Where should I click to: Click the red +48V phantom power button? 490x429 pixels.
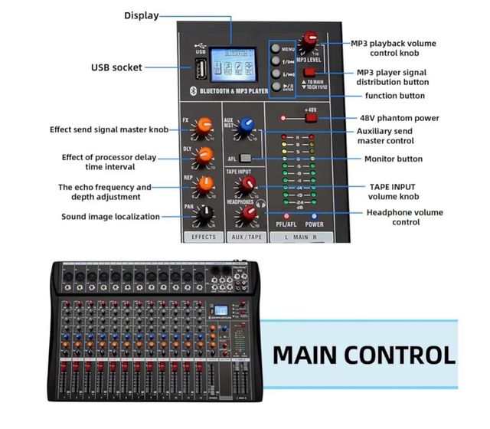coord(310,118)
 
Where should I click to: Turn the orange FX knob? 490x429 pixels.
coord(204,126)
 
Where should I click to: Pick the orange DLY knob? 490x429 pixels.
coord(204,155)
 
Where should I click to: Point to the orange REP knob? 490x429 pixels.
coord(204,185)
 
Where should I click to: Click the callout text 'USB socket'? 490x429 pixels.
coord(116,67)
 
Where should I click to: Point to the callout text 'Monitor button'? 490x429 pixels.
coord(394,159)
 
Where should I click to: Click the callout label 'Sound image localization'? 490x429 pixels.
coord(110,217)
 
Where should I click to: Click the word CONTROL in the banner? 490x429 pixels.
coord(400,355)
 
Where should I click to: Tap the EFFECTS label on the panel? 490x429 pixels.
coord(204,237)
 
